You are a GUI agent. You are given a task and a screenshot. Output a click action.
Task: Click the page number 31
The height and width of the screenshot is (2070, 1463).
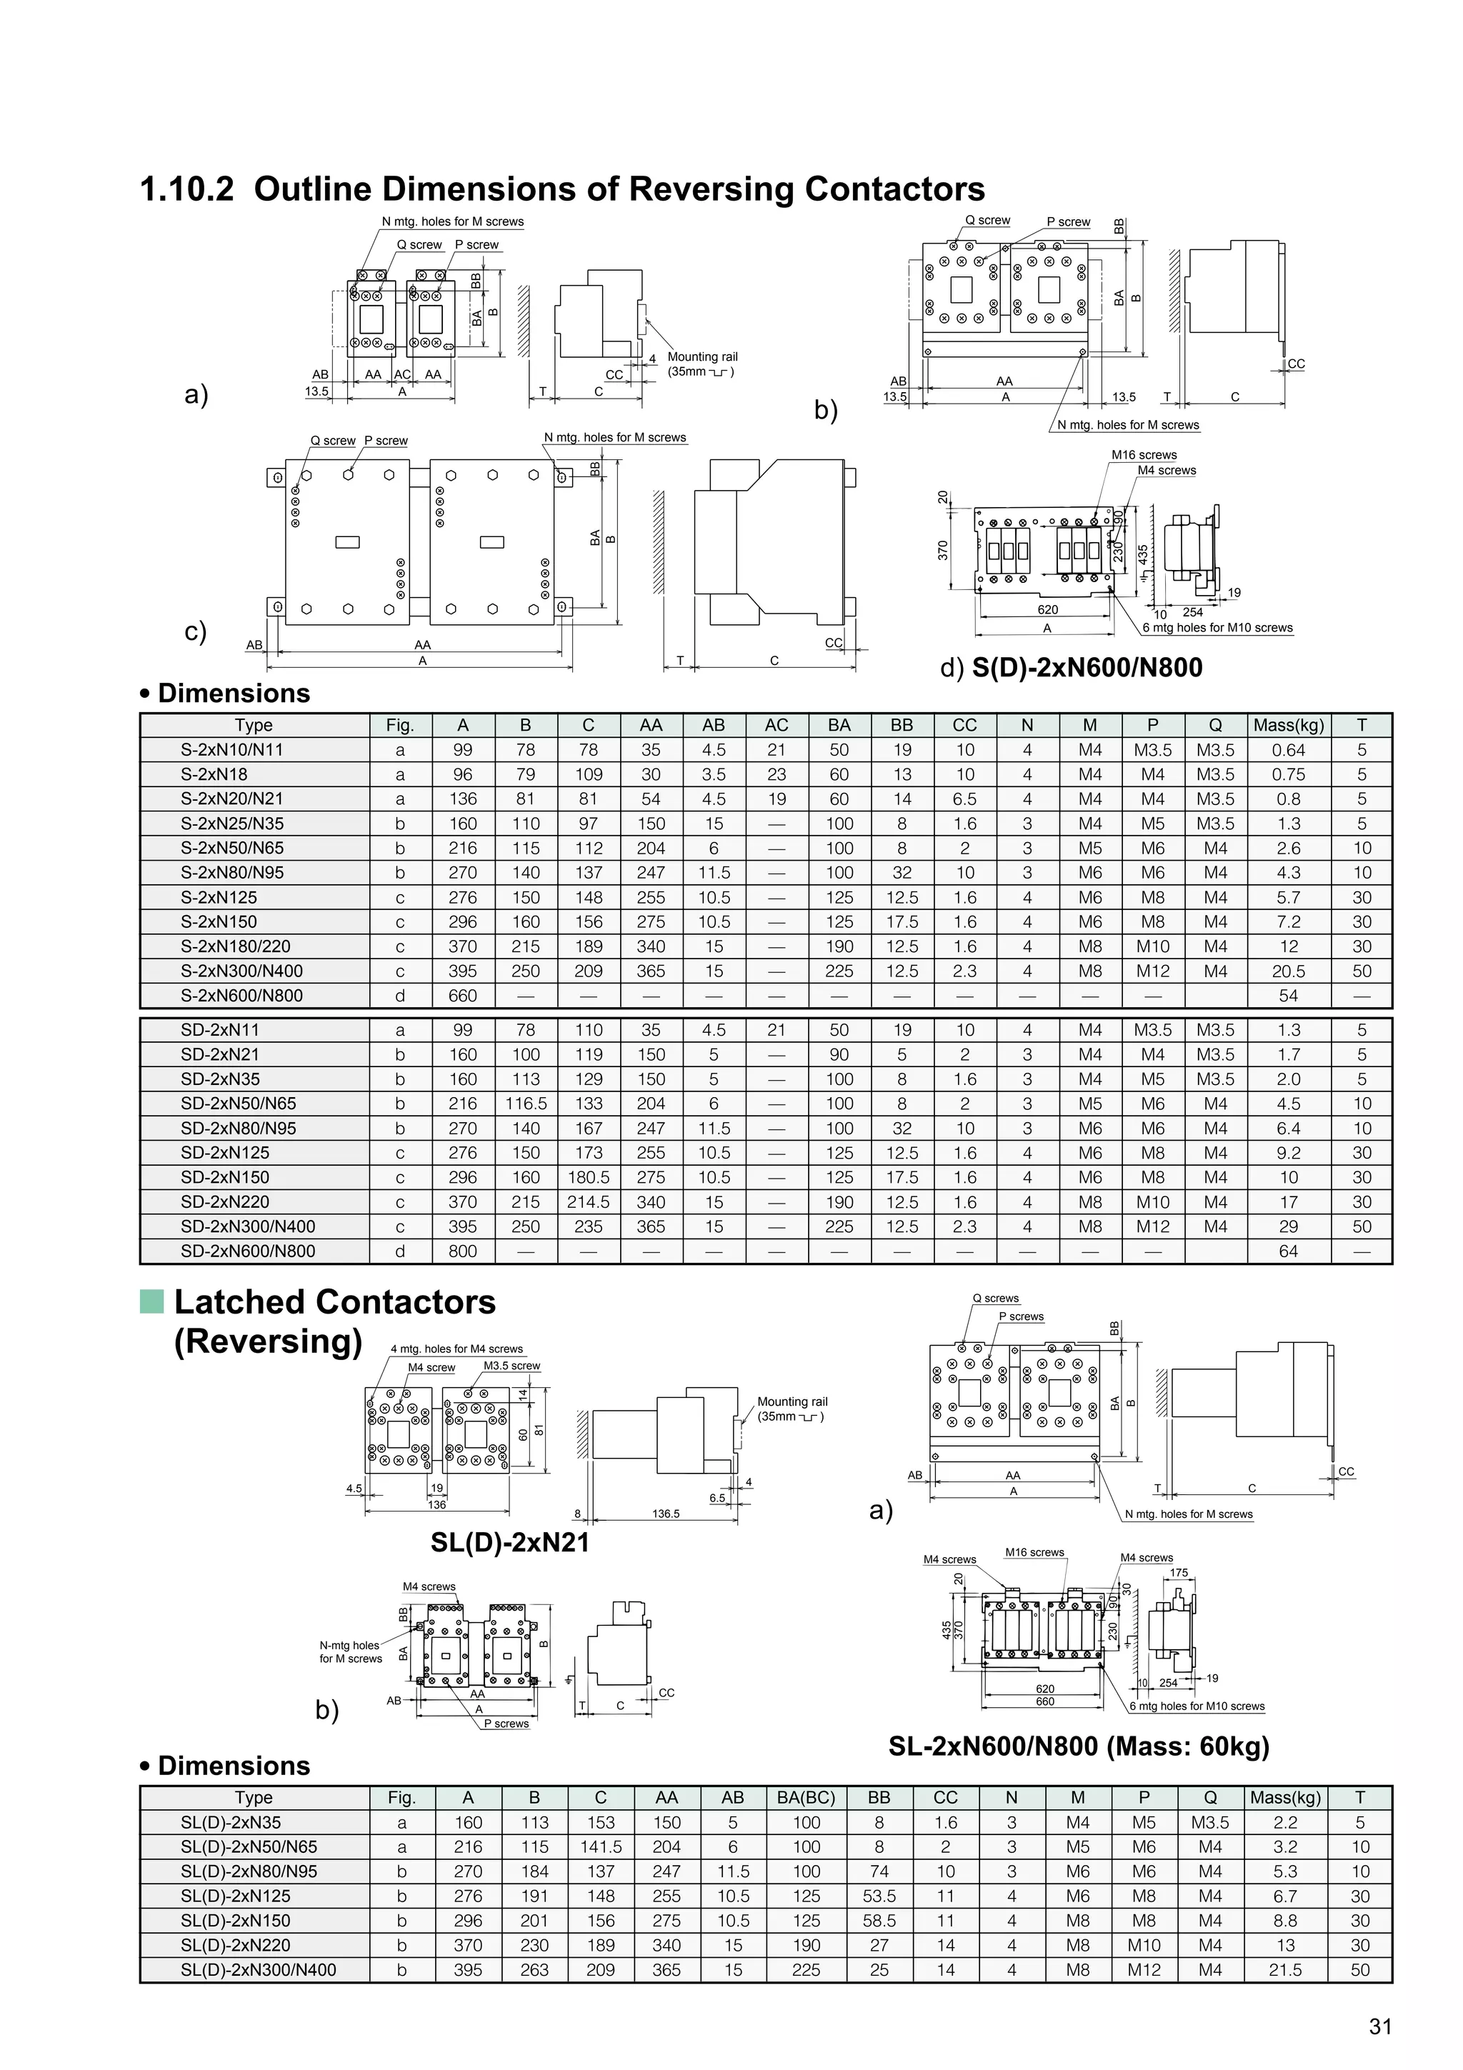pos(1380,2026)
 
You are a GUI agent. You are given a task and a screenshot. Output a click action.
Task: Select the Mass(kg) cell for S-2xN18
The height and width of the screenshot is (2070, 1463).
pos(1288,774)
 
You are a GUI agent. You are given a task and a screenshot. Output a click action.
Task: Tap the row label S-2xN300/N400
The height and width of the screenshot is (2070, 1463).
pos(241,971)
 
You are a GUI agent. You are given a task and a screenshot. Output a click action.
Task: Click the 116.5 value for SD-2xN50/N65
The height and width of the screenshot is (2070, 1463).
pos(526,1104)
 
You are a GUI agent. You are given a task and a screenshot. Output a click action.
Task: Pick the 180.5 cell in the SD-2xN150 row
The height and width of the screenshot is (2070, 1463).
pos(588,1177)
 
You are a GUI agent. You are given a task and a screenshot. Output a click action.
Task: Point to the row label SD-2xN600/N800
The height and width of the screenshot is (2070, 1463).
pos(248,1251)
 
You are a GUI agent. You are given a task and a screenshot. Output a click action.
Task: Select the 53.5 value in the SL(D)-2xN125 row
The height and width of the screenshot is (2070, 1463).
pos(879,1896)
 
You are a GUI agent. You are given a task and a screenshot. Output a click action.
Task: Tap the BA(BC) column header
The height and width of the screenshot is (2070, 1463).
pos(806,1798)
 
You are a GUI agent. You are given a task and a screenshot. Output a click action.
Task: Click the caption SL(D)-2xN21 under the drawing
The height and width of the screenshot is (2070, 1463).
pos(509,1543)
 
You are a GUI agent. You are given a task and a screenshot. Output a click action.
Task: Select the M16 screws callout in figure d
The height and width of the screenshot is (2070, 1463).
pos(1144,455)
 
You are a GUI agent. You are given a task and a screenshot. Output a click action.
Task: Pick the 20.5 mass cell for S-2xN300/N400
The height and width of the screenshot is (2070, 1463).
pos(1288,971)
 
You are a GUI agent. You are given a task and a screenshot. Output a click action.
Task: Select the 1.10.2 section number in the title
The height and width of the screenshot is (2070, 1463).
pos(186,189)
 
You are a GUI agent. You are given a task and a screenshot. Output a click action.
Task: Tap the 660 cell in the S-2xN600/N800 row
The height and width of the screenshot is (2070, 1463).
pos(462,996)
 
